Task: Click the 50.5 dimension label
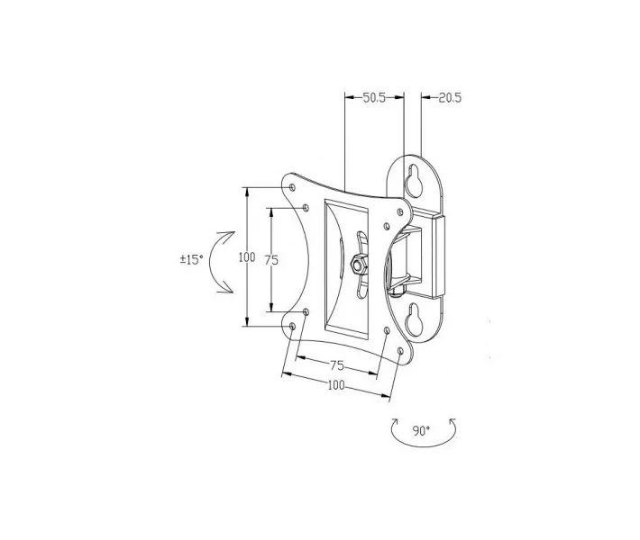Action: [x=374, y=98]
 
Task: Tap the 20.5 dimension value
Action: [x=450, y=98]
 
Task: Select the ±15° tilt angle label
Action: [x=191, y=259]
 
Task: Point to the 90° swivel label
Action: [x=422, y=431]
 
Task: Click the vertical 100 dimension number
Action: [x=247, y=257]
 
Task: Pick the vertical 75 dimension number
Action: [x=271, y=259]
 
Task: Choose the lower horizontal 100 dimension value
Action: [x=336, y=385]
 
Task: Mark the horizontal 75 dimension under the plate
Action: [x=337, y=366]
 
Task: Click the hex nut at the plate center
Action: [x=359, y=265]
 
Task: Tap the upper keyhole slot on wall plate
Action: [x=414, y=181]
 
